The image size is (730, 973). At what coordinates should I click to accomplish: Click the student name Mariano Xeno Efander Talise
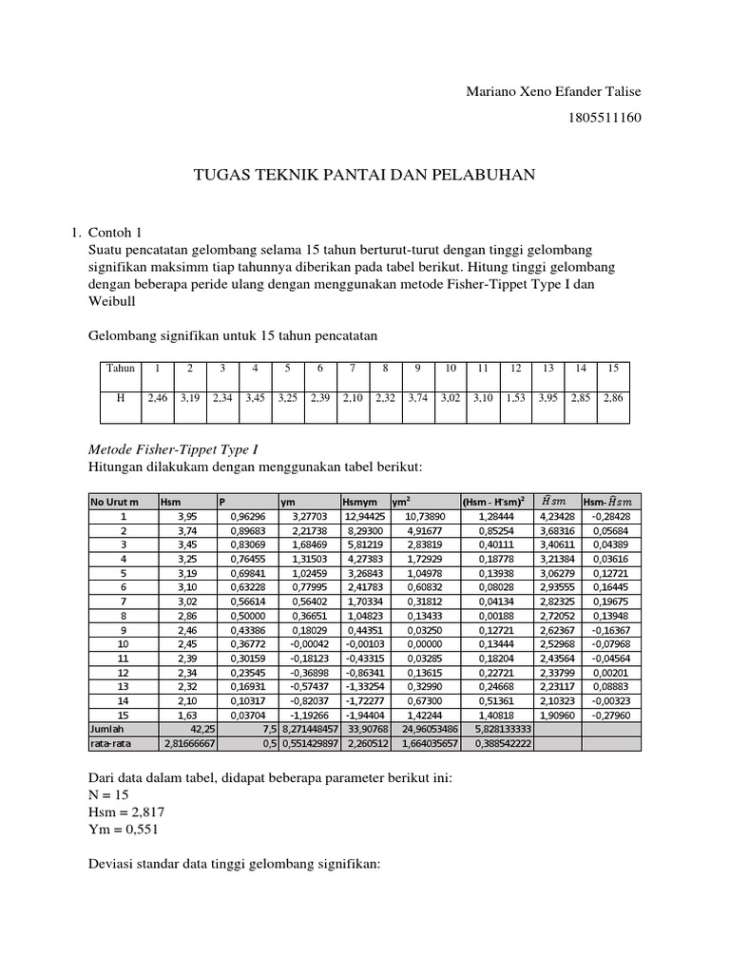tap(552, 91)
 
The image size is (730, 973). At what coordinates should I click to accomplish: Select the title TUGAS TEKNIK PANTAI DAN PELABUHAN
tap(365, 174)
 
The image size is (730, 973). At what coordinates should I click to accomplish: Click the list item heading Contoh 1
tap(114, 232)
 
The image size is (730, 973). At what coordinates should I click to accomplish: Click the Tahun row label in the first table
tap(121, 368)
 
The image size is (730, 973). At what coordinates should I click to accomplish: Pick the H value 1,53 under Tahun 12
tap(515, 399)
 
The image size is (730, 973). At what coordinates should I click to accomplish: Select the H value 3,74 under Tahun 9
tap(417, 399)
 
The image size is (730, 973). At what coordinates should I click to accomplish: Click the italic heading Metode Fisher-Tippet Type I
tap(173, 448)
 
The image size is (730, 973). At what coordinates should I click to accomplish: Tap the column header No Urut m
tap(115, 500)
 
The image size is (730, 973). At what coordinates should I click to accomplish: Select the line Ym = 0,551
tap(124, 830)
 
